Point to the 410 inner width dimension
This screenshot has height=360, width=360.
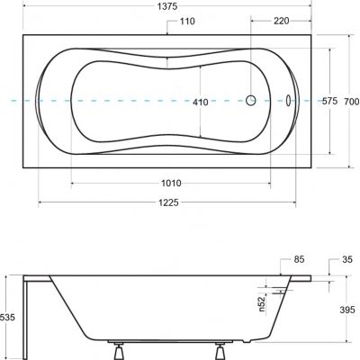click(201, 102)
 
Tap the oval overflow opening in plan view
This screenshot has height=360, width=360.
click(288, 102)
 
